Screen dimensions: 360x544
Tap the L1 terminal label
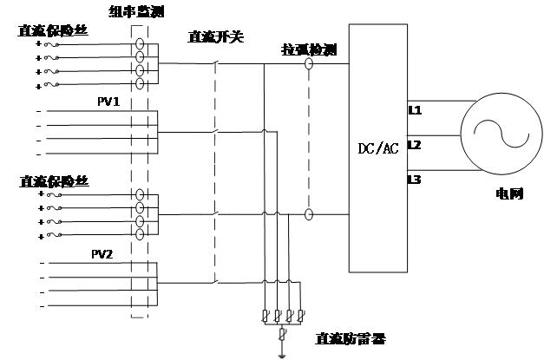tap(415, 111)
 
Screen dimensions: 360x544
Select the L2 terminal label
tap(415, 145)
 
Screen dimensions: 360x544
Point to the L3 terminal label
tap(415, 180)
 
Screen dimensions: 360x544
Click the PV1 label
tap(108, 101)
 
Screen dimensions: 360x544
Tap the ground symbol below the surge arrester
tap(279, 353)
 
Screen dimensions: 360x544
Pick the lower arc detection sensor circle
tap(309, 213)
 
